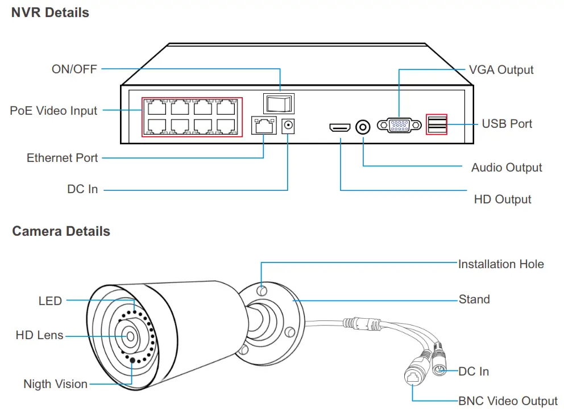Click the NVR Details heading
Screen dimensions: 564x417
(50, 12)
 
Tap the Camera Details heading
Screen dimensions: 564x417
(61, 231)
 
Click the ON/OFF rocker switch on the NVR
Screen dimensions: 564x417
(279, 104)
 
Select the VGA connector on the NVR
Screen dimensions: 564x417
(399, 125)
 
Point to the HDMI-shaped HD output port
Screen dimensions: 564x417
(340, 127)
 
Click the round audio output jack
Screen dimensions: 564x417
(363, 127)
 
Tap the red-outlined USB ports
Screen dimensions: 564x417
(437, 124)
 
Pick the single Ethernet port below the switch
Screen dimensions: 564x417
(264, 125)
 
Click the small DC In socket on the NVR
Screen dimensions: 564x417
(288, 126)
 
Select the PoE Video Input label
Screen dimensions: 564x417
(53, 111)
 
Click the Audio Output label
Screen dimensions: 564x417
(507, 168)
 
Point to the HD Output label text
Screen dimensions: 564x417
(503, 199)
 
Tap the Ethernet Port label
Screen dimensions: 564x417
(62, 158)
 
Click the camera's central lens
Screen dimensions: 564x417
(130, 336)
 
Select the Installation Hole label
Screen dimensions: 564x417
(501, 264)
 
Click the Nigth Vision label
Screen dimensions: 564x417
(55, 384)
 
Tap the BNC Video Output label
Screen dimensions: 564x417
(508, 401)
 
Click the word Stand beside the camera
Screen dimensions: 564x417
(474, 299)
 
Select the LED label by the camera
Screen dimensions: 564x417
(50, 301)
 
